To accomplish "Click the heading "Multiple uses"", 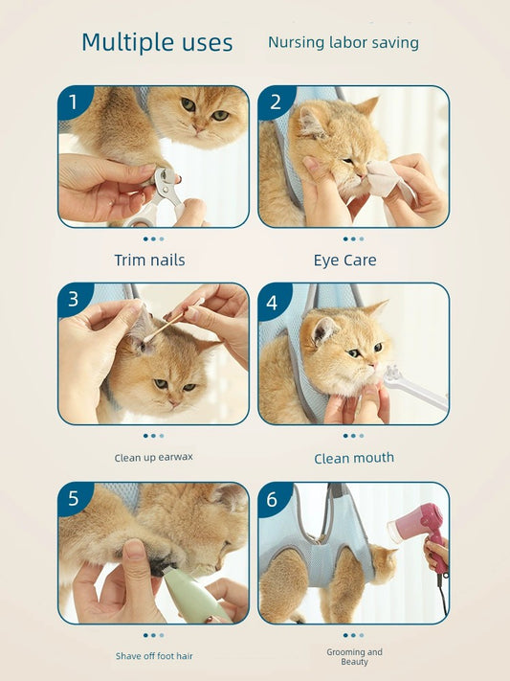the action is point(157,43).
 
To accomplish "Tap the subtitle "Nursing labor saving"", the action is point(344,42).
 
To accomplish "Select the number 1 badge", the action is point(74,102).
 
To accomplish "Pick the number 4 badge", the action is point(273,302).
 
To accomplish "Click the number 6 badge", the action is point(273,499).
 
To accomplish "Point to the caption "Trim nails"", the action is point(149,261).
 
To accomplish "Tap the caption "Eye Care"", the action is point(345,261).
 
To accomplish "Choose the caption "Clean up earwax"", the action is point(154,457).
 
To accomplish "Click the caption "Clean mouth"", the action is point(354,458).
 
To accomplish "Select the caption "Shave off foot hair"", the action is point(154,656).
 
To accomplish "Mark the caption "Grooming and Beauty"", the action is point(355,657).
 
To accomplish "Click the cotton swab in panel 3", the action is point(173,320).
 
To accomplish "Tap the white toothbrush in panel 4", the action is point(414,388).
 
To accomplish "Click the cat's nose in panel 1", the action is point(198,129).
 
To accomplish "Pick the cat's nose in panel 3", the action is point(174,402).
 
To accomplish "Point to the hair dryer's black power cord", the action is point(444,594).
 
